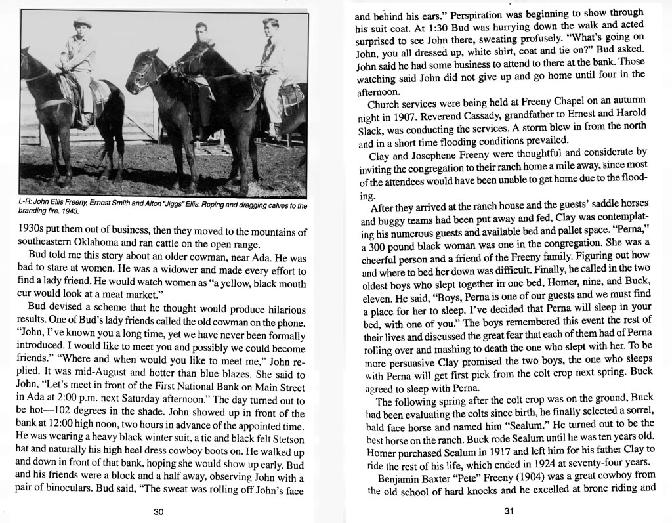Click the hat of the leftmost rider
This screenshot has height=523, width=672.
point(82,23)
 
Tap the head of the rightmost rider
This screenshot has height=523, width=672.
point(270,28)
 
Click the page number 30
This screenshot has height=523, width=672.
point(157,512)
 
